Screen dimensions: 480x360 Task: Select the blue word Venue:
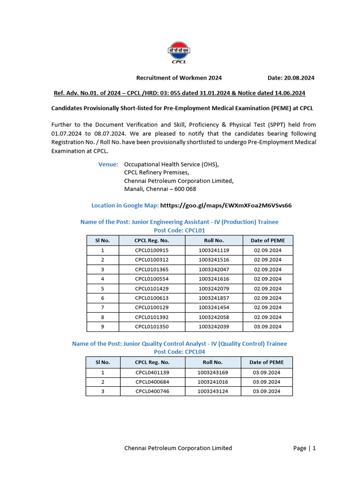tap(108, 165)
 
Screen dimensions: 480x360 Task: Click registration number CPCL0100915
tap(152, 250)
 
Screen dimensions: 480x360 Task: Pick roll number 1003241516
tap(214, 260)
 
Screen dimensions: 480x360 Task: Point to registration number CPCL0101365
tap(152, 270)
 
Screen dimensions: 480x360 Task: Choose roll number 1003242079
tap(214, 289)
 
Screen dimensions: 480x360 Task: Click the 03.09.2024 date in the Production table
tap(268, 327)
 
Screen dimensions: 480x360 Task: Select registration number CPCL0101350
tap(152, 327)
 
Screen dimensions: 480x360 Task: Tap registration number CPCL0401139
tap(152, 373)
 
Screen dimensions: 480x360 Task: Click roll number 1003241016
tap(213, 382)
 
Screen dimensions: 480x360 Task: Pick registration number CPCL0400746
tap(152, 391)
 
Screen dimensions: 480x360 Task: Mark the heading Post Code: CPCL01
tap(180, 231)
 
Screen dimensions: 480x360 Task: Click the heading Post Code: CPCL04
tap(180, 352)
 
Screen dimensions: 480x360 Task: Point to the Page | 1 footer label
tap(304, 448)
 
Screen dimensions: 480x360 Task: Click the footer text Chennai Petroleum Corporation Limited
tap(178, 448)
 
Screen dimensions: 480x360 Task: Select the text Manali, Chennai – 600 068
tap(160, 189)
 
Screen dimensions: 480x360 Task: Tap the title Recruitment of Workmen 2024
tap(179, 78)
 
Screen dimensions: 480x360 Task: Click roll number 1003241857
tap(214, 298)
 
